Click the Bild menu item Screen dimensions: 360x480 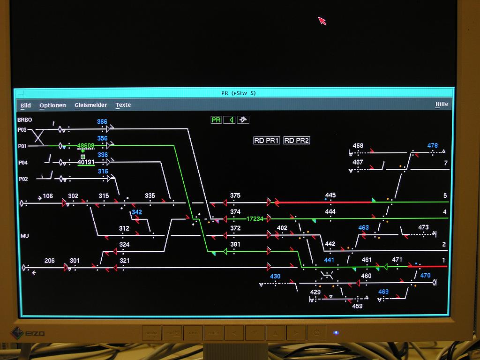pos(26,105)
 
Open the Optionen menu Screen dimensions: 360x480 pos(52,105)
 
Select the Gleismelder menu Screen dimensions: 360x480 pos(90,105)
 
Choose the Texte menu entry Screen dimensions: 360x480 pos(123,105)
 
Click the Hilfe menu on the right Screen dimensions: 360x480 pos(442,104)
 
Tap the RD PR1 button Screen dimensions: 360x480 pos(266,141)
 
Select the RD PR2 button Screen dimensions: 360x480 pos(297,141)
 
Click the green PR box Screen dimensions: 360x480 pos(216,120)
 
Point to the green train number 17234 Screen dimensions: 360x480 pos(255,219)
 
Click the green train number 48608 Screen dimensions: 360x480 pos(86,146)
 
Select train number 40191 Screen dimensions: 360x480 pos(86,162)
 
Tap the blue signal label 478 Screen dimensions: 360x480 pos(432,146)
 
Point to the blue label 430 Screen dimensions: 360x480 pos(275,276)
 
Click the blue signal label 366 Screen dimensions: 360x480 pos(102,122)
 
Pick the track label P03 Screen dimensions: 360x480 pos(22,130)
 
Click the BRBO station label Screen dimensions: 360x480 pos(25,120)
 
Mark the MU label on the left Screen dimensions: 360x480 pos(24,236)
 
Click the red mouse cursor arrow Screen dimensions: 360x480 pos(322,21)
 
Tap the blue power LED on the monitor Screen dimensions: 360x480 pos(335,333)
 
